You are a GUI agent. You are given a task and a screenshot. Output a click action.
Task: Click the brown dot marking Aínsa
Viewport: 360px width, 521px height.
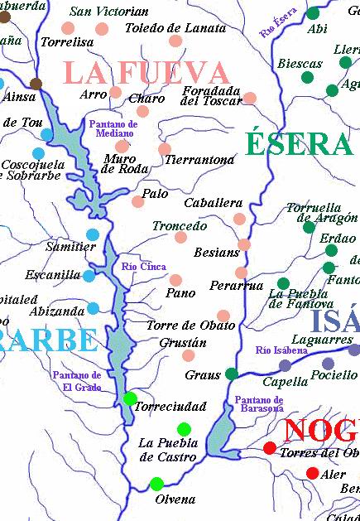tap(36, 84)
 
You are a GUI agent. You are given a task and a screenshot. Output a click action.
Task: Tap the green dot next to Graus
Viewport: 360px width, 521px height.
tap(232, 374)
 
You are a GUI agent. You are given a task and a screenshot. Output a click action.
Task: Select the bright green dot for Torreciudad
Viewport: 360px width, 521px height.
tap(130, 399)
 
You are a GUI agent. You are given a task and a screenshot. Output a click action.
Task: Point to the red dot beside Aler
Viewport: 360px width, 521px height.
tap(312, 473)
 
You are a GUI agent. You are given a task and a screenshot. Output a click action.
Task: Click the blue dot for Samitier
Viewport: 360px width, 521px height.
tap(93, 234)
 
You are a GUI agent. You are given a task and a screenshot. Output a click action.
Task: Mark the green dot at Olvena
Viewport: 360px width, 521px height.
tap(156, 484)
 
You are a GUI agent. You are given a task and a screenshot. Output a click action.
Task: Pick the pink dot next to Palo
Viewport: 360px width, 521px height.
tap(138, 201)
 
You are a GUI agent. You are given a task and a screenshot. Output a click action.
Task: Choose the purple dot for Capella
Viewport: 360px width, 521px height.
tap(285, 365)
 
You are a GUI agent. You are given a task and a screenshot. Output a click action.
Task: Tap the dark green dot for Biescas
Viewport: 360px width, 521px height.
tap(307, 77)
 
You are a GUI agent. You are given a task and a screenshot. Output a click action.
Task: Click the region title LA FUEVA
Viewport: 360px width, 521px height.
tap(146, 72)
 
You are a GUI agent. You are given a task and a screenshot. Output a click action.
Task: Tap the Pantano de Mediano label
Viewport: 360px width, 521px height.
tap(113, 129)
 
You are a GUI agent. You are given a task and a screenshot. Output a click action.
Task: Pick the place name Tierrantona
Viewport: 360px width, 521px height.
tap(199, 159)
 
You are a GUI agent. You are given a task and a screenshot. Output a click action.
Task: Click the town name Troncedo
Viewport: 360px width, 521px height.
tap(180, 225)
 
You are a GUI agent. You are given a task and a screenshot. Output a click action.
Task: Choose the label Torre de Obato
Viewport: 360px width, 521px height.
tap(190, 325)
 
